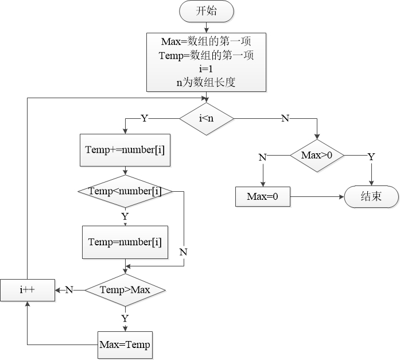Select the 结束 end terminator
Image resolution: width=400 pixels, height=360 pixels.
pyautogui.click(x=371, y=197)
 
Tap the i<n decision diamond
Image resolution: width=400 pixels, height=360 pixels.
pyautogui.click(x=207, y=118)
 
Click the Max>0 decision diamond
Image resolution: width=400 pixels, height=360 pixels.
pyautogui.click(x=317, y=156)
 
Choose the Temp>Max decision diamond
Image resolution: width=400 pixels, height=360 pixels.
pyautogui.click(x=125, y=289)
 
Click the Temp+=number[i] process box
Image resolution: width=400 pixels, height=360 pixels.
pyautogui.click(x=125, y=150)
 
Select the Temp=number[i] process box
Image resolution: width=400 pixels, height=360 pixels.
pyautogui.click(x=125, y=241)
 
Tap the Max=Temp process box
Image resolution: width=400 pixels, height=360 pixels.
pyautogui.click(x=125, y=344)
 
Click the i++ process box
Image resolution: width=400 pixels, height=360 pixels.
pyautogui.click(x=27, y=290)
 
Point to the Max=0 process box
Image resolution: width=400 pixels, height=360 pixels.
pyautogui.click(x=263, y=197)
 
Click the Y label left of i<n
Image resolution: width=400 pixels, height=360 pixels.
pyautogui.click(x=144, y=118)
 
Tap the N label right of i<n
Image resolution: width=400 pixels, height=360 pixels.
pyautogui.click(x=285, y=118)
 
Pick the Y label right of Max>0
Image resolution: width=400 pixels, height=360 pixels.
pyautogui.click(x=371, y=156)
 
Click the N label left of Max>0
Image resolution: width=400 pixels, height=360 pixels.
pyautogui.click(x=262, y=156)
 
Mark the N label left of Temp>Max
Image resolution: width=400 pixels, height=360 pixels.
pyautogui.click(x=69, y=290)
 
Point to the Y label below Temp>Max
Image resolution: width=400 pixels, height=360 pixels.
pyautogui.click(x=125, y=317)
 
